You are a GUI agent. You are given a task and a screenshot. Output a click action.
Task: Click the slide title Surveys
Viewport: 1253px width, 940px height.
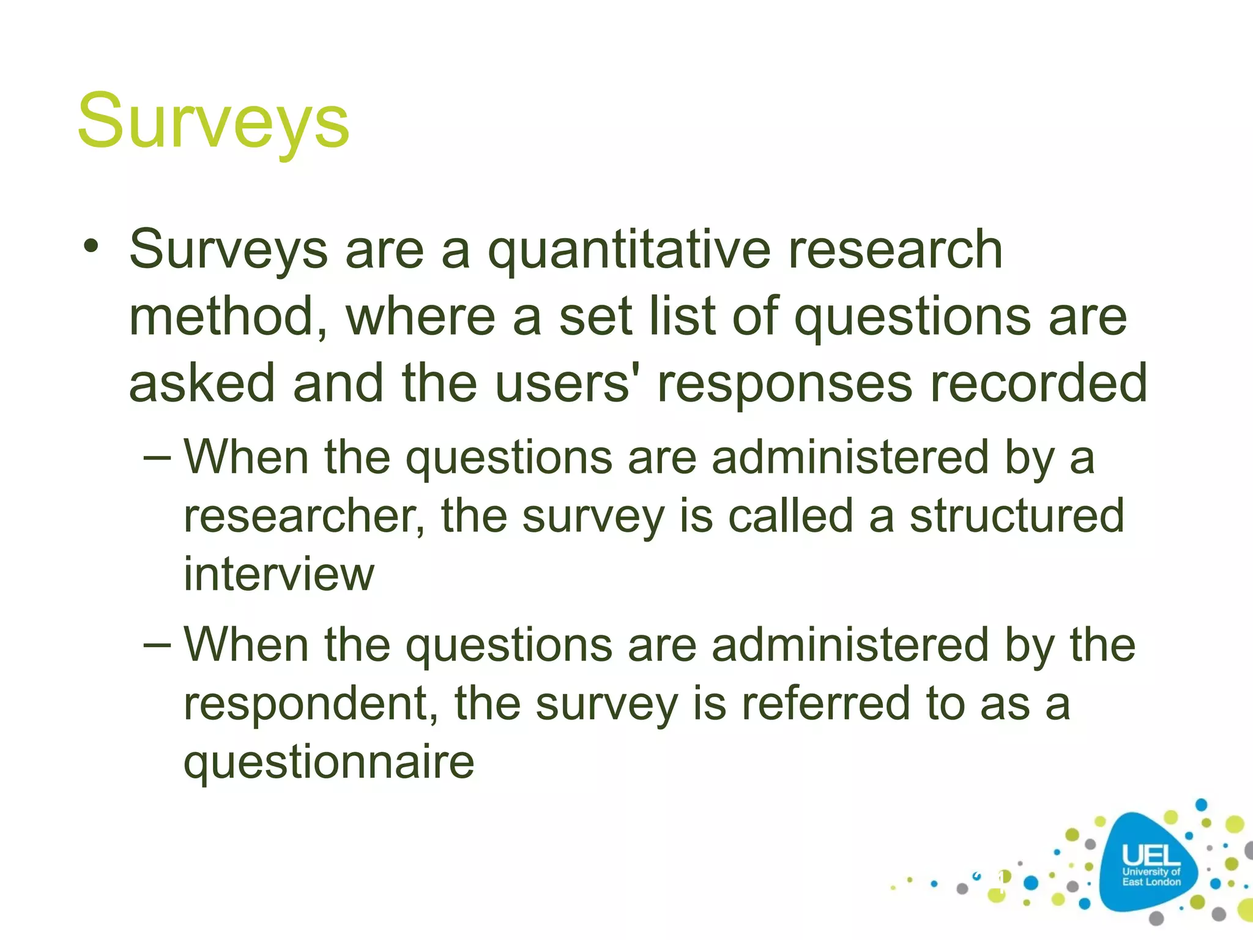pos(213,121)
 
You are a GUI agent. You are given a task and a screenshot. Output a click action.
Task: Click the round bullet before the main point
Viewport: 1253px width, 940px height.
pos(91,247)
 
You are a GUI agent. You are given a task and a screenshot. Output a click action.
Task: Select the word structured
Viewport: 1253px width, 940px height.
pos(1016,516)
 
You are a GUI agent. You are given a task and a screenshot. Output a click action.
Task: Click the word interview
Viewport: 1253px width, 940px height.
pos(279,574)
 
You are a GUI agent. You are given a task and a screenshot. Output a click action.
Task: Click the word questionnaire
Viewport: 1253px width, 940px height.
pos(329,763)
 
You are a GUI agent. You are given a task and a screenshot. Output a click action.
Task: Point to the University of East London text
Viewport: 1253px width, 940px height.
pos(1151,876)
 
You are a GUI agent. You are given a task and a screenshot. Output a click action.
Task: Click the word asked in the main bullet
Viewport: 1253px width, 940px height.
pos(202,384)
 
